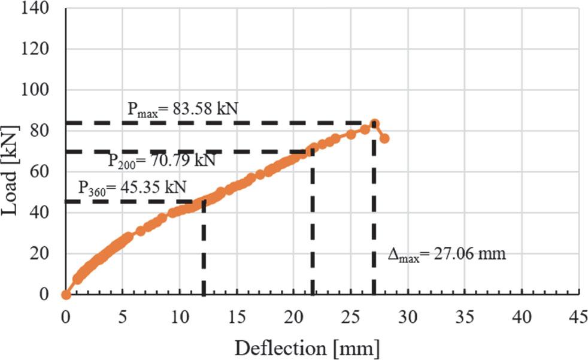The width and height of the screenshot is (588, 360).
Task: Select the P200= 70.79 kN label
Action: tap(162, 162)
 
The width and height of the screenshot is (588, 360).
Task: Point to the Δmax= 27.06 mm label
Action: tap(447, 254)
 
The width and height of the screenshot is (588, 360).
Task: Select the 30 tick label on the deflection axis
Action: tap(408, 316)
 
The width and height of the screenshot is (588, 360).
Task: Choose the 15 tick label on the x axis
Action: tap(237, 316)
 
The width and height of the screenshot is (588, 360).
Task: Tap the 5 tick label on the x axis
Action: tap(123, 316)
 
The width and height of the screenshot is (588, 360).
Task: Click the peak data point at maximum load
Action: tap(374, 124)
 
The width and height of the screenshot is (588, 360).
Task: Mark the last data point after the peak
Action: tap(384, 138)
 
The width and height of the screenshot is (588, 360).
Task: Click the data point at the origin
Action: tap(66, 294)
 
